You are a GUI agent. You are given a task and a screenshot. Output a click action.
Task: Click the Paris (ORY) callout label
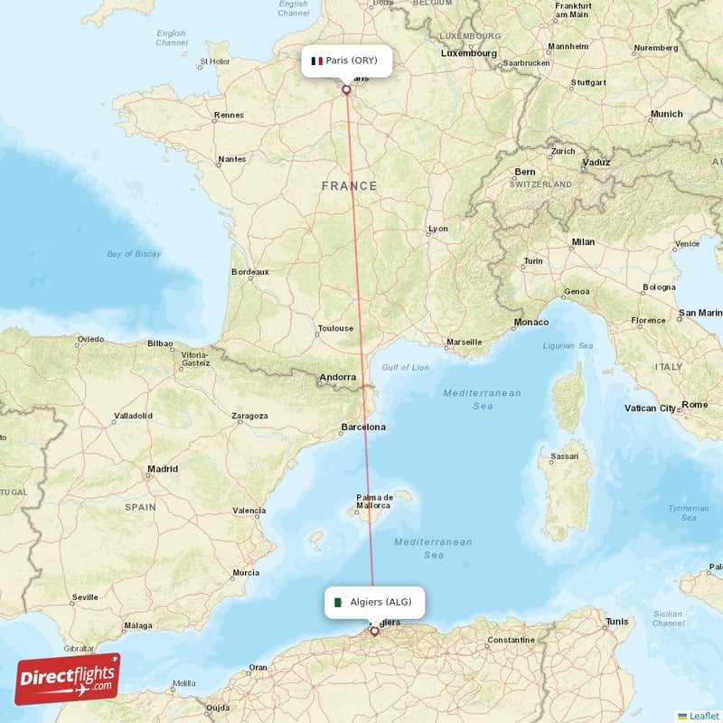[x=346, y=61]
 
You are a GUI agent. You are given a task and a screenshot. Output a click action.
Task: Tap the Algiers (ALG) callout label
[x=374, y=602]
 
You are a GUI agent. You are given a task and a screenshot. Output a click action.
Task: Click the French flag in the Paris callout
[x=316, y=61]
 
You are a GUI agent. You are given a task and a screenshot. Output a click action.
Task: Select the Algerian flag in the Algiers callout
[x=337, y=602]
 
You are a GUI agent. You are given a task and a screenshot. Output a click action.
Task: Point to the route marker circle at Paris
[x=346, y=89]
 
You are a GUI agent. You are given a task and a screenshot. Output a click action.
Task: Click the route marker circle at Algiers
[x=374, y=631]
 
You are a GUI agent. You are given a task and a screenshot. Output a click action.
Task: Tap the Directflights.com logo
[x=68, y=679]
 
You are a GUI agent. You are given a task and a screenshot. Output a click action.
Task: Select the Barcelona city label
[x=363, y=427]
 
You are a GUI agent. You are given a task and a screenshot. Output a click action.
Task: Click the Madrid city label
[x=163, y=469]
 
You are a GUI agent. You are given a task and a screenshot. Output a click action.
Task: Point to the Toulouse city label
[x=335, y=329]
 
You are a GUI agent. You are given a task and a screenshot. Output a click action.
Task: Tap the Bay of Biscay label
[x=134, y=254]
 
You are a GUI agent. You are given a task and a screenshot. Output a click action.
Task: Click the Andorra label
[x=337, y=378]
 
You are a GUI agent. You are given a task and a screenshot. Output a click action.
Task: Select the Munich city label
[x=667, y=114]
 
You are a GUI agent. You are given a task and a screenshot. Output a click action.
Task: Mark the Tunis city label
[x=617, y=622]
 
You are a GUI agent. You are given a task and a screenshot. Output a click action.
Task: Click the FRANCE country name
[x=350, y=186]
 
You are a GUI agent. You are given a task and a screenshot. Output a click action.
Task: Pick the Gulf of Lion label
[x=406, y=367]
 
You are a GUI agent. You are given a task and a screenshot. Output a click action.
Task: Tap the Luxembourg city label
[x=469, y=53]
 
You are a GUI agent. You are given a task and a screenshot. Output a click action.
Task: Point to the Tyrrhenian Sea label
[x=689, y=512]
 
